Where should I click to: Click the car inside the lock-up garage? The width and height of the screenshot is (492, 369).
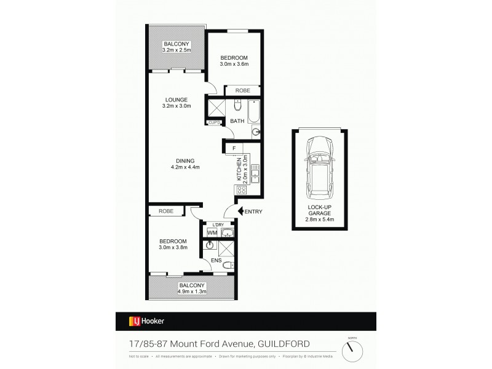pos(320,164)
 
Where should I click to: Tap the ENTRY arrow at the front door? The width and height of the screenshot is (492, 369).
pos(241,212)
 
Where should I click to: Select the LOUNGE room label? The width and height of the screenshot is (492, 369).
pos(176,99)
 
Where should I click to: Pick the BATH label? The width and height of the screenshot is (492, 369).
pos(237,121)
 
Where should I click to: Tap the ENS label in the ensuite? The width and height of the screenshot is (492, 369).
pos(216,260)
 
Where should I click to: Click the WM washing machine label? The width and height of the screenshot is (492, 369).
pos(211,233)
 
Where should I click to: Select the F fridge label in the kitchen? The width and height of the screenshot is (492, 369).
pos(234,148)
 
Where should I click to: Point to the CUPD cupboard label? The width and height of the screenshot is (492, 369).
pos(214,122)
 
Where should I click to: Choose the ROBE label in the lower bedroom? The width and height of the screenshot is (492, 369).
pos(165,211)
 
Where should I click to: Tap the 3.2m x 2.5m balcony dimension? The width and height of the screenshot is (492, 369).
pos(177,50)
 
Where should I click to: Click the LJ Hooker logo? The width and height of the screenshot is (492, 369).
pos(146,320)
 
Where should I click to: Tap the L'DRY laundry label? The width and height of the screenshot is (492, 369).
pos(217,224)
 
